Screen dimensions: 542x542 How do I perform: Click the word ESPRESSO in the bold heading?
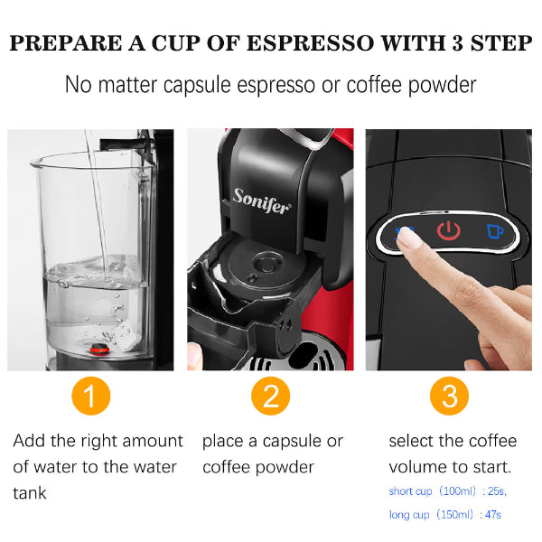pos(310,43)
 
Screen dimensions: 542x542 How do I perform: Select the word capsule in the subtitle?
pos(197,86)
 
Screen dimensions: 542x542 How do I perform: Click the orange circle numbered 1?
pos(91,396)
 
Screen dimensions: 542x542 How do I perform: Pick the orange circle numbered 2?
pos(271,396)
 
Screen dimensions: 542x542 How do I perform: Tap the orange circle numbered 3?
pos(449,396)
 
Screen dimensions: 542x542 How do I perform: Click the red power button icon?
pos(449,230)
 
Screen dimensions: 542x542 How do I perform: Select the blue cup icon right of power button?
pos(495,231)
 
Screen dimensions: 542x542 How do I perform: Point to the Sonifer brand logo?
pos(261,201)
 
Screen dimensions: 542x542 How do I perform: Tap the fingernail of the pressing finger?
pos(409,237)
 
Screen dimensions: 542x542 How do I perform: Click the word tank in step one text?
pos(30,493)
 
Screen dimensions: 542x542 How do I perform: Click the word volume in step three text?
pos(417,467)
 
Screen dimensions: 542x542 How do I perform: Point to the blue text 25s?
pos(497,491)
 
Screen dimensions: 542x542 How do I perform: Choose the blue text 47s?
pos(493,515)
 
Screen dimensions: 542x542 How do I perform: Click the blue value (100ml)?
pos(457,491)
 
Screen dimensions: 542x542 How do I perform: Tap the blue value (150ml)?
pos(454,515)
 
